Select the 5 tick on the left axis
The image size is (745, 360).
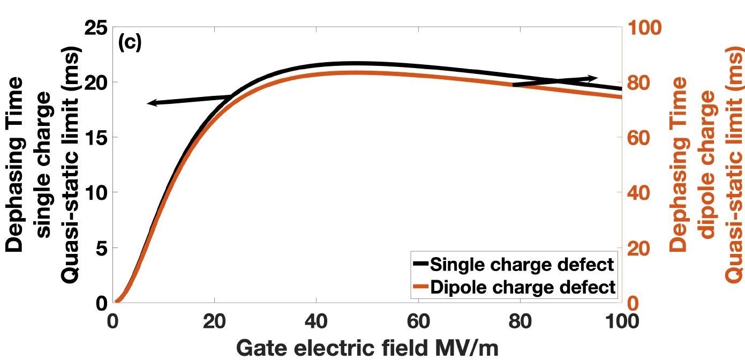point(102,248)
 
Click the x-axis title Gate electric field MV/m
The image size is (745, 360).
point(367,347)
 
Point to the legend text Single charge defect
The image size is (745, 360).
point(522,265)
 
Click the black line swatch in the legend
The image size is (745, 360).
point(420,265)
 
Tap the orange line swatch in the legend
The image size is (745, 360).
point(420,287)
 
